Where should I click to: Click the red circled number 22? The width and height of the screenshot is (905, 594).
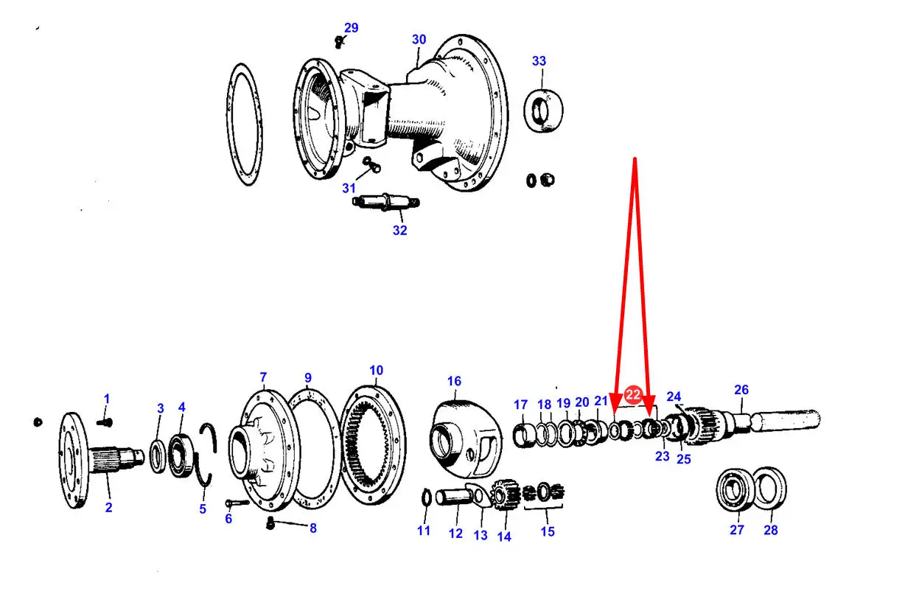(633, 394)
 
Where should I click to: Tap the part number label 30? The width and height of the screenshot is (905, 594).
(419, 40)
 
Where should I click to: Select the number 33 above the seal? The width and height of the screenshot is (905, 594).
(539, 61)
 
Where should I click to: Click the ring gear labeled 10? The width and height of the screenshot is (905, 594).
(373, 445)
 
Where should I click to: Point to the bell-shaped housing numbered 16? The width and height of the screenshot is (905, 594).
(466, 438)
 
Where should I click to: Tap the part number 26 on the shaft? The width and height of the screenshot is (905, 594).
(741, 390)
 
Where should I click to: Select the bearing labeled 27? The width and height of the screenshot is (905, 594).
(734, 490)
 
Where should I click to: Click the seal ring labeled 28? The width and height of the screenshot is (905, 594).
(770, 487)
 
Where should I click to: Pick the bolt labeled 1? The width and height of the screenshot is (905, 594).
(104, 423)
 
